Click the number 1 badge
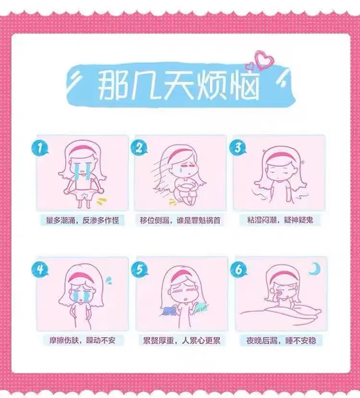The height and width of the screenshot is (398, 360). (39, 148)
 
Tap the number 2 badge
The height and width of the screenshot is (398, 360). (138, 148)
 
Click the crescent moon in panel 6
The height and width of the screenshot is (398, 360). (315, 269)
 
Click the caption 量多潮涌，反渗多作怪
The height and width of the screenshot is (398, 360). (83, 220)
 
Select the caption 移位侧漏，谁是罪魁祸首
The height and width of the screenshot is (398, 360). (180, 220)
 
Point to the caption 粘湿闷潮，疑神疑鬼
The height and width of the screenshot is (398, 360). (280, 220)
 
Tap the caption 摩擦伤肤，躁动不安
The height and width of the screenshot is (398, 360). (82, 340)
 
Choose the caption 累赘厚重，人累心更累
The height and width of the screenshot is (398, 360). (181, 340)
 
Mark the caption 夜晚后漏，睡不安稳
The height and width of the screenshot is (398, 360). (281, 340)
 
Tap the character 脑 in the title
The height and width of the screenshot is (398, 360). (244, 84)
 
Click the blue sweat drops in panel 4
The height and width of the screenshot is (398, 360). (109, 280)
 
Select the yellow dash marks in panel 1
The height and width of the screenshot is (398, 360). (101, 201)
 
